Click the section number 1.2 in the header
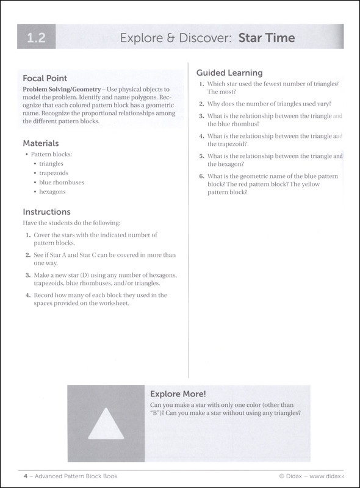pyautogui.click(x=36, y=39)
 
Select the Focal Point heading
pyautogui.click(x=45, y=78)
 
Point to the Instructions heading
pyautogui.click(x=46, y=212)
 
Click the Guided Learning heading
pyautogui.click(x=229, y=73)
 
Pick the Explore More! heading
pyautogui.click(x=178, y=393)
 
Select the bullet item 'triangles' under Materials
pyautogui.click(x=51, y=163)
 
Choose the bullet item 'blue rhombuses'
pyautogui.click(x=62, y=182)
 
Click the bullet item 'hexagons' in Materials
pyautogui.click(x=52, y=192)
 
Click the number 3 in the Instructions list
pyautogui.click(x=28, y=275)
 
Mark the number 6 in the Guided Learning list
pyautogui.click(x=201, y=176)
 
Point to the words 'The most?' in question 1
pyautogui.click(x=222, y=91)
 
